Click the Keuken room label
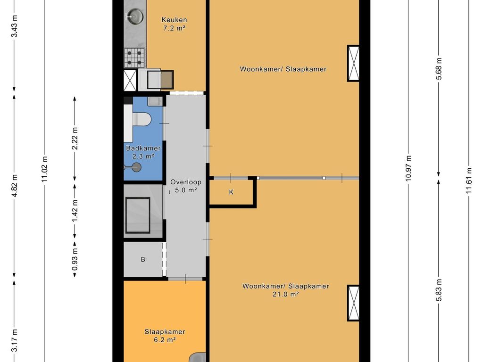pyautogui.click(x=175, y=20)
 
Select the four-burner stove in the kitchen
pyautogui.click(x=134, y=58)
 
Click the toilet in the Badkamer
pyautogui.click(x=142, y=120)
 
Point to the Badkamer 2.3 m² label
pyautogui.click(x=143, y=152)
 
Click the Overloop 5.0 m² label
pyautogui.click(x=186, y=186)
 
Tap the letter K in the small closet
pyautogui.click(x=231, y=192)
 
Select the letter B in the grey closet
pyautogui.click(x=143, y=260)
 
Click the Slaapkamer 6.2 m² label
pyautogui.click(x=165, y=336)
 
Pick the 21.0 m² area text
pyautogui.click(x=285, y=294)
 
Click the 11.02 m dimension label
pyautogui.click(x=45, y=169)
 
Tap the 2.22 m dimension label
pyautogui.click(x=75, y=139)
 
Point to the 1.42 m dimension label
pyautogui.click(x=75, y=211)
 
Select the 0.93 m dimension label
pyautogui.click(x=75, y=259)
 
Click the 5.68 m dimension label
pyautogui.click(x=439, y=69)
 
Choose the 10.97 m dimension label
pyautogui.click(x=408, y=168)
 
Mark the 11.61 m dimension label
pyautogui.click(x=469, y=181)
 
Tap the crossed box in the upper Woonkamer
pyautogui.click(x=353, y=63)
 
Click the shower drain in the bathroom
pyautogui.click(x=136, y=167)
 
